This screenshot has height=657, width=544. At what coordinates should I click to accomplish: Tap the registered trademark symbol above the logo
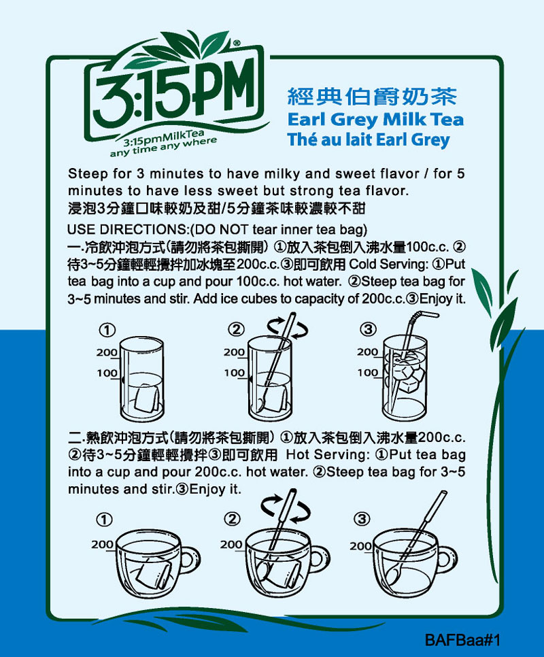coord(237,43)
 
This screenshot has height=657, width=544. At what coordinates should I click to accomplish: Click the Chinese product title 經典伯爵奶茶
coord(372,97)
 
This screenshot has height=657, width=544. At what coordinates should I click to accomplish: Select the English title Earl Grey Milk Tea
coord(375,120)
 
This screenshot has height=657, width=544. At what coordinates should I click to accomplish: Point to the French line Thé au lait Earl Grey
coord(369,139)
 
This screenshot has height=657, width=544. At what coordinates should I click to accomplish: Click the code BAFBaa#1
coord(462,640)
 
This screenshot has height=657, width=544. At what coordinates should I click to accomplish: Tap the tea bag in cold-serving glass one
coord(147,397)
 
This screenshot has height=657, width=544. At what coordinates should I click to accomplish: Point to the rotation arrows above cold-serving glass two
coord(288,327)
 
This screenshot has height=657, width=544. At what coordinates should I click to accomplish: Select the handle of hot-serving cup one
coord(190,560)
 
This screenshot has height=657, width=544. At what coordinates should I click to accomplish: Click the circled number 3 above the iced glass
coord(368,329)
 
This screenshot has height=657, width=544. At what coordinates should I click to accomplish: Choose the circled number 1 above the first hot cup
coord(104,520)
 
